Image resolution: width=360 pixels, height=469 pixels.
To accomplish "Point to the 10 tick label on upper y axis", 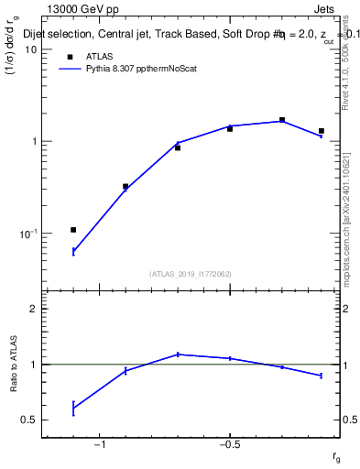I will click(x=29, y=49).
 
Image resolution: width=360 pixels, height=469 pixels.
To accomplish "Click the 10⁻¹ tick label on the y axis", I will click(x=27, y=234).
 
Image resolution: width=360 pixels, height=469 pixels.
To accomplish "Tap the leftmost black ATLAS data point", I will click(x=73, y=230).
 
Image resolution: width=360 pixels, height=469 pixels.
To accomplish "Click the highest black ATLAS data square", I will click(x=282, y=120).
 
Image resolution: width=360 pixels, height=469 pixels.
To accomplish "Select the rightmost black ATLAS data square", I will click(x=322, y=131).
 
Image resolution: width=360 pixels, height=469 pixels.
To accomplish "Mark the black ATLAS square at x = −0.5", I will click(x=230, y=129).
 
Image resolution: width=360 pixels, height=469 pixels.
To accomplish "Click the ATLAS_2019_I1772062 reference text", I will click(x=191, y=274).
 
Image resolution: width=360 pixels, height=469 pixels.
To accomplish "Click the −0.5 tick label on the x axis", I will click(x=229, y=445).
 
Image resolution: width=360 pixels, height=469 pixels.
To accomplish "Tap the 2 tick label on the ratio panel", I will click(x=34, y=309).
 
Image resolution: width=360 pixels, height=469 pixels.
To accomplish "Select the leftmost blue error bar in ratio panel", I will click(x=73, y=409).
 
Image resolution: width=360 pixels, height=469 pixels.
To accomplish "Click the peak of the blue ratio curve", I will click(x=178, y=354).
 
